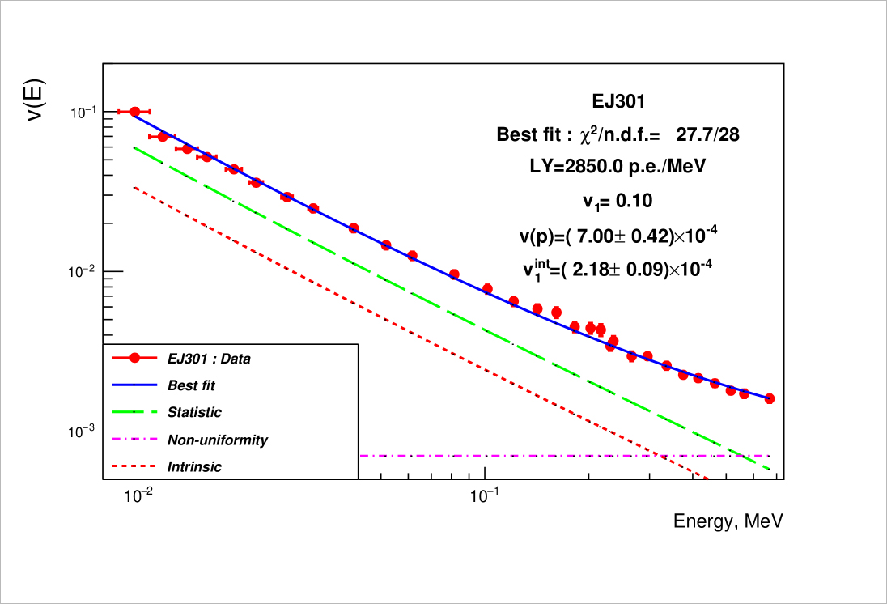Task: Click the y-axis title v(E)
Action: [37, 100]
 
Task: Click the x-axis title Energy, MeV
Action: [728, 521]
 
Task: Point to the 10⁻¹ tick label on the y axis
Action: [82, 112]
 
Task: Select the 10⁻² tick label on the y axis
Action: [82, 271]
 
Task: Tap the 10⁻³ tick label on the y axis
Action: [82, 432]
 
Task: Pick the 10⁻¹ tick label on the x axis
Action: [484, 495]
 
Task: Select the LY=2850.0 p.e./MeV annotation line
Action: [618, 167]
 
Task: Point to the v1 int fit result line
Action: [618, 267]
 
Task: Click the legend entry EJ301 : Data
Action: [208, 358]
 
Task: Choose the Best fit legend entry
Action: [191, 385]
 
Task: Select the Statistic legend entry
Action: [194, 412]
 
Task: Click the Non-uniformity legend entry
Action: [217, 440]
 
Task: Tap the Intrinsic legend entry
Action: [194, 467]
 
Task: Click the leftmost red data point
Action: [135, 112]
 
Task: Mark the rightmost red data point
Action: [770, 398]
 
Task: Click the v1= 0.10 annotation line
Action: [618, 201]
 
